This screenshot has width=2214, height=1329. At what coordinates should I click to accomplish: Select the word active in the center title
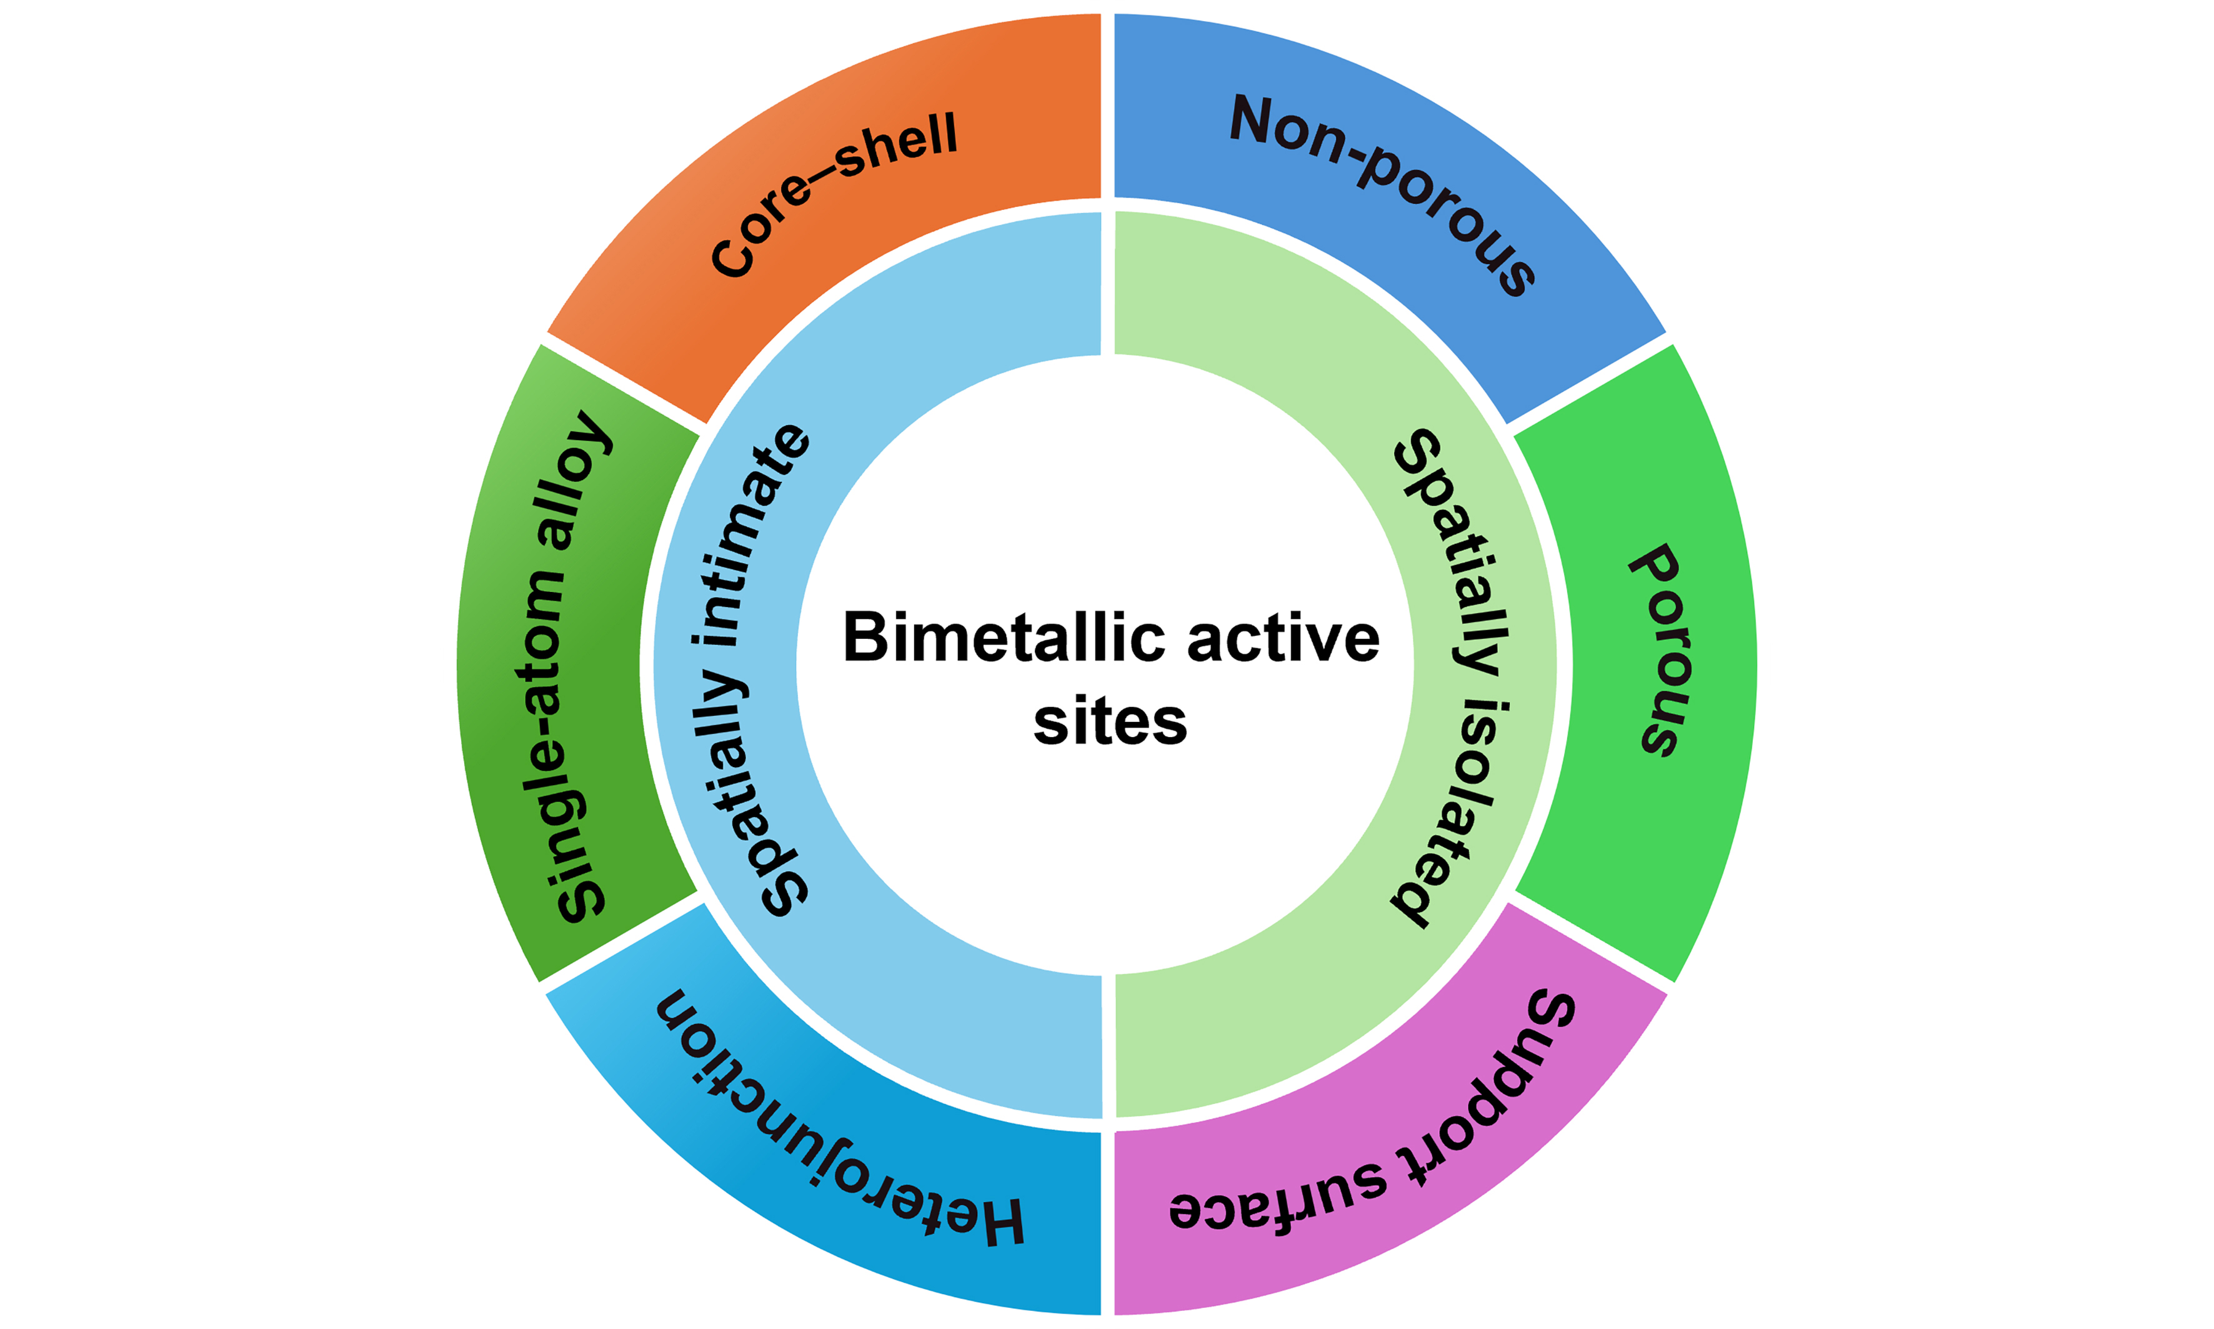click(1283, 638)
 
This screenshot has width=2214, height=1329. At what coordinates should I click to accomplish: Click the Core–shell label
click(832, 193)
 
